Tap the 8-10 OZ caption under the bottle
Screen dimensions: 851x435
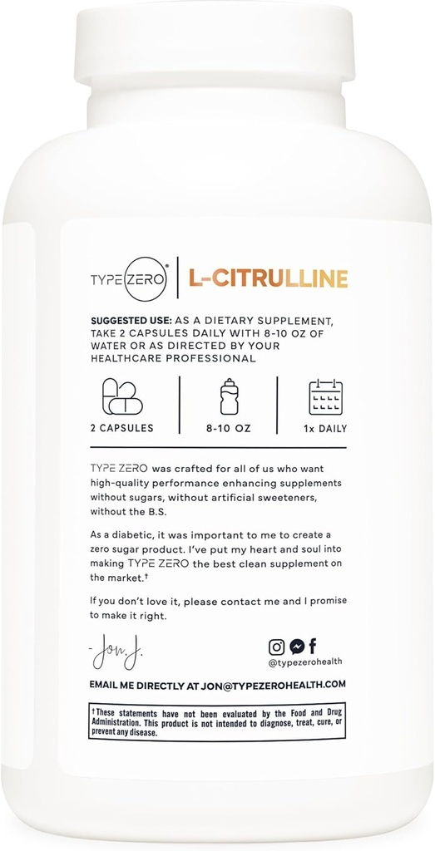(229, 429)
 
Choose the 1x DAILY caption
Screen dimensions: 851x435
(325, 429)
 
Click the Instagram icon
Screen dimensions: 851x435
(276, 646)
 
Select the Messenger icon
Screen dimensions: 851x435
(295, 646)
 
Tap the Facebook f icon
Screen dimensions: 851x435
(313, 646)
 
